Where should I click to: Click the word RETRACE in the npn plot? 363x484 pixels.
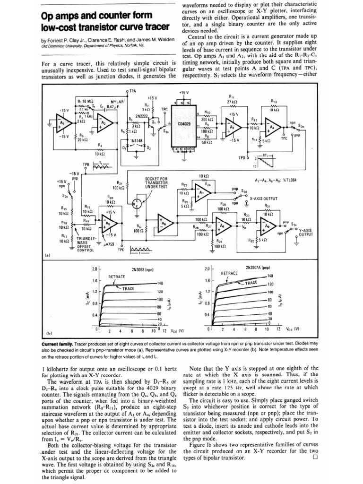(117, 276)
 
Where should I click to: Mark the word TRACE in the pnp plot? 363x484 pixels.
(251, 283)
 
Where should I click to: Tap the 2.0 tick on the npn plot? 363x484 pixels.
(95, 269)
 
